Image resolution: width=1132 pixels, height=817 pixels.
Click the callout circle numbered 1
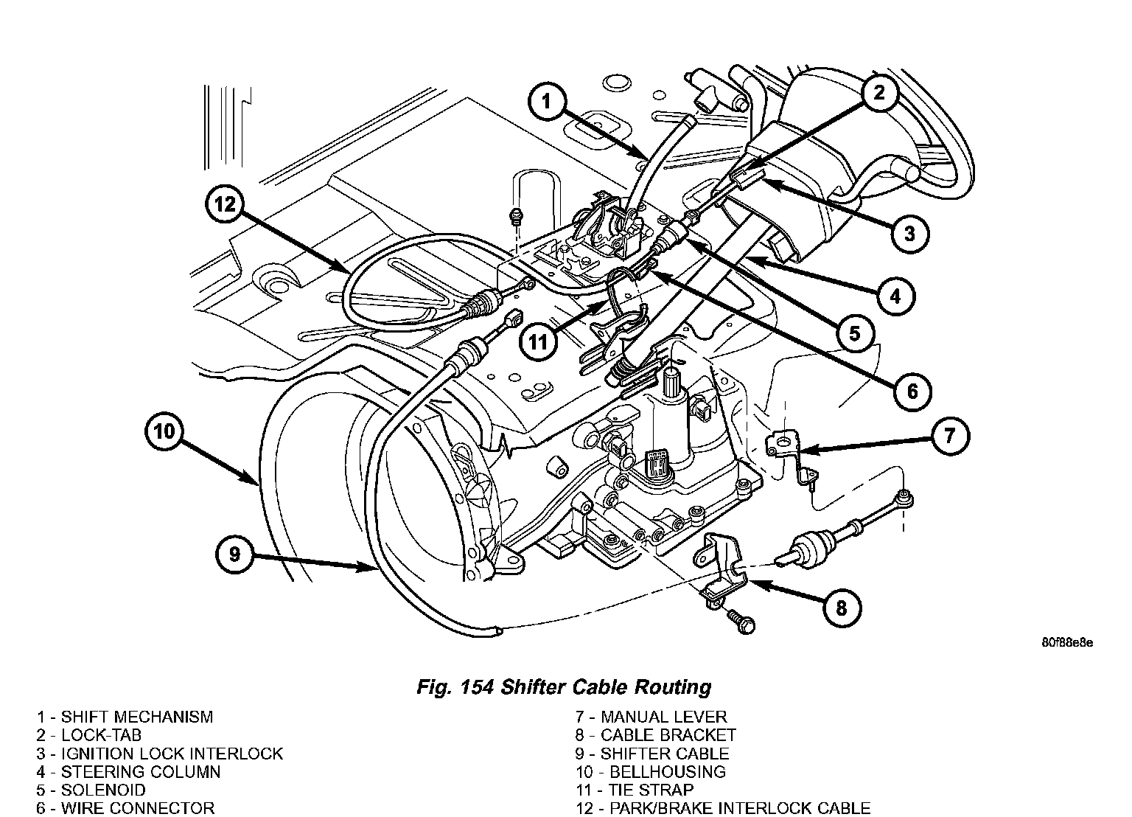546,102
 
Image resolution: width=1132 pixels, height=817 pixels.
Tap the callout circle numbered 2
878,93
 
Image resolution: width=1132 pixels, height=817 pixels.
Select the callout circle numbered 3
909,234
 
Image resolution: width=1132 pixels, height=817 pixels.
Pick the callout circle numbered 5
854,333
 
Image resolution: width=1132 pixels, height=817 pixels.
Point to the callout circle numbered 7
949,436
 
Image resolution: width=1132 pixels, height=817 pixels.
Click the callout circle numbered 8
842,608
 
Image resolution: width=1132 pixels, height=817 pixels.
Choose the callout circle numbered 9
234,554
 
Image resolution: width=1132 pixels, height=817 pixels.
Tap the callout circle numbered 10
164,431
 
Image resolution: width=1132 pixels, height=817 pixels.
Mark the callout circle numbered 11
539,342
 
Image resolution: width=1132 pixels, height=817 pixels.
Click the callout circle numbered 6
912,391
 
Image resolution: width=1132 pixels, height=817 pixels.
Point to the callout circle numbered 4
895,296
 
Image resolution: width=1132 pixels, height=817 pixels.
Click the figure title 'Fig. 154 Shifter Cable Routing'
564,687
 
